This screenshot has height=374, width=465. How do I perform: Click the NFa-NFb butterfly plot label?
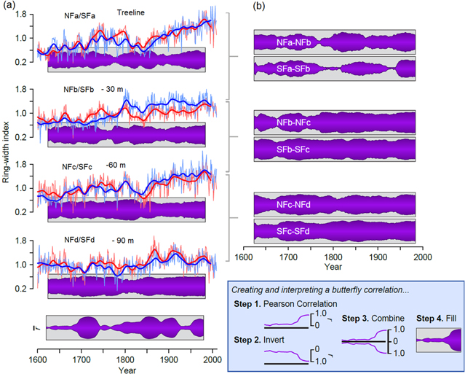tap(295, 43)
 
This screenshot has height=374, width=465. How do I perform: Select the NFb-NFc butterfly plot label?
tap(295, 122)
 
